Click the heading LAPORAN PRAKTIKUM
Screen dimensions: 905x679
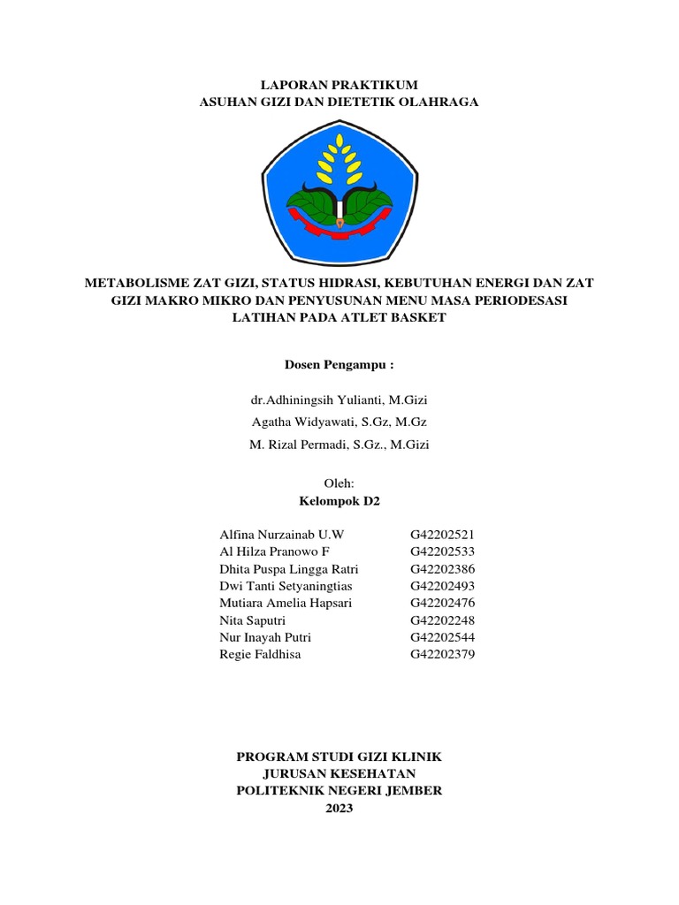point(339,85)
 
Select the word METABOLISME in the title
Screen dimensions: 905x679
point(135,283)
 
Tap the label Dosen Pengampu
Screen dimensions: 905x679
point(339,364)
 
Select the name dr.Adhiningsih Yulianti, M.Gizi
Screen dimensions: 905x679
point(339,400)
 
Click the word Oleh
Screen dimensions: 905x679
point(339,483)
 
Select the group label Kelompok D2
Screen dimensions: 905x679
point(339,500)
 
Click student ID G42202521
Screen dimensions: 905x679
point(442,535)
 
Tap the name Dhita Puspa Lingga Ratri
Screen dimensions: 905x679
point(289,568)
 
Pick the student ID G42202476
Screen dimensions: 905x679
point(442,603)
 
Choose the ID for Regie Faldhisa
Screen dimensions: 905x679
point(442,654)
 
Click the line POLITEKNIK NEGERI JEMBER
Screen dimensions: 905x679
point(339,791)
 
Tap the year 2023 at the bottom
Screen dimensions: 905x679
point(339,808)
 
